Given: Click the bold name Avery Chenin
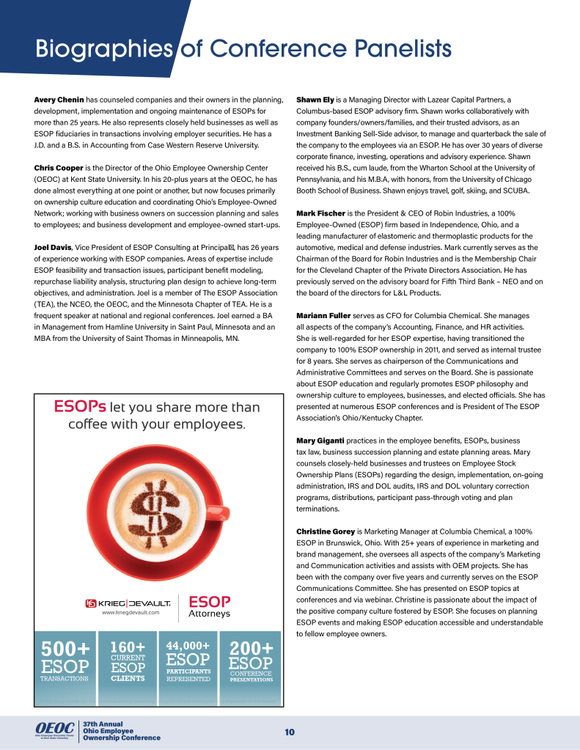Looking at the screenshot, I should pyautogui.click(x=59, y=99).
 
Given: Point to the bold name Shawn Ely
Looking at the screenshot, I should pyautogui.click(x=316, y=99).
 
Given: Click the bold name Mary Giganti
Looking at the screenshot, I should pyautogui.click(x=320, y=441).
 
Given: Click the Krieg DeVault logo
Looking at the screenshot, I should pyautogui.click(x=129, y=603).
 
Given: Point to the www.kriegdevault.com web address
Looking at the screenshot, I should pyautogui.click(x=131, y=612).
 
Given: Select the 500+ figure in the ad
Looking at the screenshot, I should pyautogui.click(x=66, y=649).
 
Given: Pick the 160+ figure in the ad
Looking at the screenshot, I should pyautogui.click(x=128, y=647).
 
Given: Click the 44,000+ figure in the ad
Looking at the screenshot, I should pyautogui.click(x=188, y=645).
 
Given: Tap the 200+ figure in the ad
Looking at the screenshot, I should pyautogui.click(x=251, y=649).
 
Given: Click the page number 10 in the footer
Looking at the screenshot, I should pyautogui.click(x=290, y=732).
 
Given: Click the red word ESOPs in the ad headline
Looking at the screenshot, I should pyautogui.click(x=81, y=407).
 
